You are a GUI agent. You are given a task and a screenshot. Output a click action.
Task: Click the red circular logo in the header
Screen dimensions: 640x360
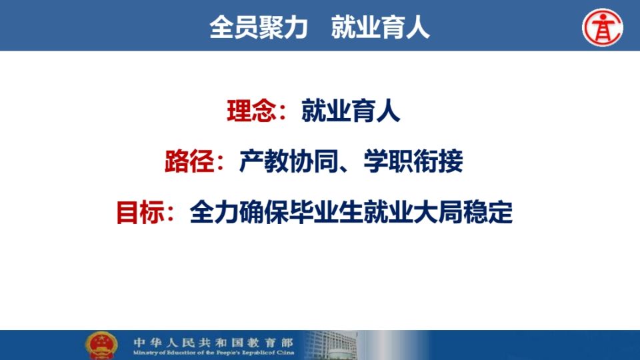[603, 27]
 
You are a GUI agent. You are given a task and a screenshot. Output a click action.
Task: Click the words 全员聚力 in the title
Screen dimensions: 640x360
[259, 27]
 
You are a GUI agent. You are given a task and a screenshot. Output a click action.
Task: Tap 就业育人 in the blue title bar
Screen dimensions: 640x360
[381, 27]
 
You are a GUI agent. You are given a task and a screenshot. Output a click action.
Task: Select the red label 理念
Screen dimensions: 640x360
[251, 111]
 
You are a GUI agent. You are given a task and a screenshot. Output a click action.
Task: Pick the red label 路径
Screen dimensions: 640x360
[189, 161]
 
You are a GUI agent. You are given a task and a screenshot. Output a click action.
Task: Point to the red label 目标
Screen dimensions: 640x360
[141, 212]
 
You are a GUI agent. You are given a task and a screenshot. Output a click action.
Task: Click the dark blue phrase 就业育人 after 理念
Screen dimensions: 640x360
[351, 111]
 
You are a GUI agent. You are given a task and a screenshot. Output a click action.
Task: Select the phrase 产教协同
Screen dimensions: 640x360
[289, 161]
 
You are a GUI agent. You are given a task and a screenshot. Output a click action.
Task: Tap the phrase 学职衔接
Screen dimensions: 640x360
[413, 161]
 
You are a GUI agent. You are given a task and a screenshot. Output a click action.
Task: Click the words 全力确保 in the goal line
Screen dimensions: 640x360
[239, 212]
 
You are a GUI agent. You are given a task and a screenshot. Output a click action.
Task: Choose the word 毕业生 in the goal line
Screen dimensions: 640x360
[327, 212]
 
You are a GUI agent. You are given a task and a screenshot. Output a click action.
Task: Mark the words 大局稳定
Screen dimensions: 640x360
[463, 212]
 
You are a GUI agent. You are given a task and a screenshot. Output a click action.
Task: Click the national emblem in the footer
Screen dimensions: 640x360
[101, 345]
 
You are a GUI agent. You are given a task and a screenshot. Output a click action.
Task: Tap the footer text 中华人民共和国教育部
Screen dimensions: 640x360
[213, 342]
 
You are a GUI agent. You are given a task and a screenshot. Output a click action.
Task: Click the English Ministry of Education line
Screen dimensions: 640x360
[213, 352]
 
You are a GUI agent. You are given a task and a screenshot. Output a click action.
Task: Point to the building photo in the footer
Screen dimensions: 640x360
[331, 345]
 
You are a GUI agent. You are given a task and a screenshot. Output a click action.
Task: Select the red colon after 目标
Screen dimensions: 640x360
[171, 213]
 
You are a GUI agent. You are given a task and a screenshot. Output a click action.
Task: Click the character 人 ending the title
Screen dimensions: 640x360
[417, 27]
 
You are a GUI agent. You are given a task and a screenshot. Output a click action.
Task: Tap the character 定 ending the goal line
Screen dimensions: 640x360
[501, 212]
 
